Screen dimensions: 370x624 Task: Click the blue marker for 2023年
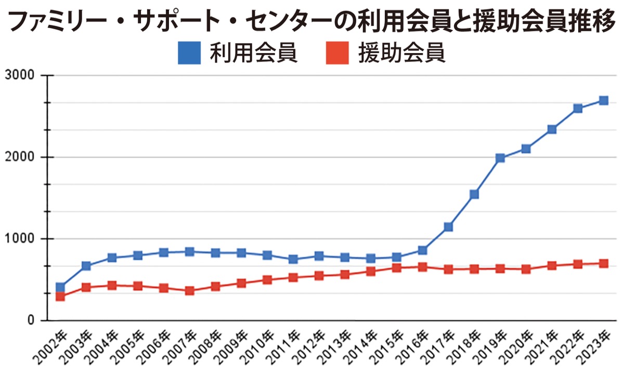pos(603,100)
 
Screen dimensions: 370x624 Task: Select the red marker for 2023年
pos(603,263)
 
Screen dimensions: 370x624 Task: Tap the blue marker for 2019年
pos(500,158)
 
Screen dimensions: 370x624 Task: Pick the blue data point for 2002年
pos(60,287)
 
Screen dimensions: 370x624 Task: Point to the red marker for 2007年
pos(189,291)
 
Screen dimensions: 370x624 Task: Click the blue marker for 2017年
pos(448,227)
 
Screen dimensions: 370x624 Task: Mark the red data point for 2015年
pos(396,268)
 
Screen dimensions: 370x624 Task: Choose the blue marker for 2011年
pos(293,259)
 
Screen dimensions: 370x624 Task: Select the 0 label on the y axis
pos(29,321)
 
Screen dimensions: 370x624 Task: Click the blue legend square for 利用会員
pos(189,54)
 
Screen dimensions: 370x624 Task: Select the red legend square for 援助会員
pos(337,54)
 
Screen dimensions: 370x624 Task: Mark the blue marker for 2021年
pos(552,129)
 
